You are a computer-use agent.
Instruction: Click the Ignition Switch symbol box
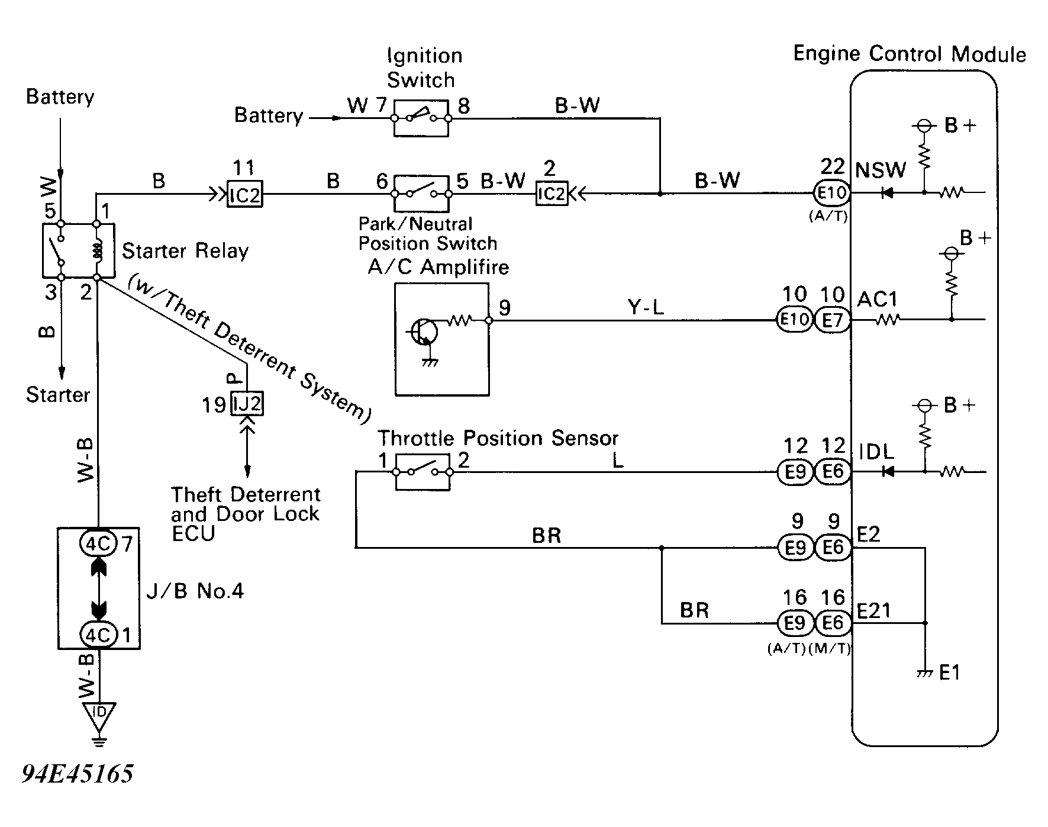pos(421,118)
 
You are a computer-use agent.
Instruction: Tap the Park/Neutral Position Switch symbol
pos(421,193)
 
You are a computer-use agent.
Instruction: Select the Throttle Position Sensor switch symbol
pos(422,472)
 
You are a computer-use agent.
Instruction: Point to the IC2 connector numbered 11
pos(245,194)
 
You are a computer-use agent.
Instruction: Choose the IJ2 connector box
pos(247,404)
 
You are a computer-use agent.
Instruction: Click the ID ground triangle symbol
pos(99,714)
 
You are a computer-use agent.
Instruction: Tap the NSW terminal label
pos(881,170)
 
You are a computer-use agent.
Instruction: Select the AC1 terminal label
pos(877,300)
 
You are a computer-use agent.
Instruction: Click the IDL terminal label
pos(876,452)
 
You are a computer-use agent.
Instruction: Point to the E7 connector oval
pos(833,320)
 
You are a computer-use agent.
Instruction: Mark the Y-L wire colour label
pos(645,308)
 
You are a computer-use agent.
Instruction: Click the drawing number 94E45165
pos(78,773)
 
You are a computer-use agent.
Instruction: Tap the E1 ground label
pos(949,673)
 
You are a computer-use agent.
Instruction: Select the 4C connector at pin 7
pos(98,543)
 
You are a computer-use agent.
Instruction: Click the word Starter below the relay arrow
pos(57,395)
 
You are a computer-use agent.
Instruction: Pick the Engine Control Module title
pos(909,54)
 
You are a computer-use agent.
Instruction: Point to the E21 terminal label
pos(873,611)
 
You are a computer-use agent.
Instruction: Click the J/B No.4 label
pos(195,591)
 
